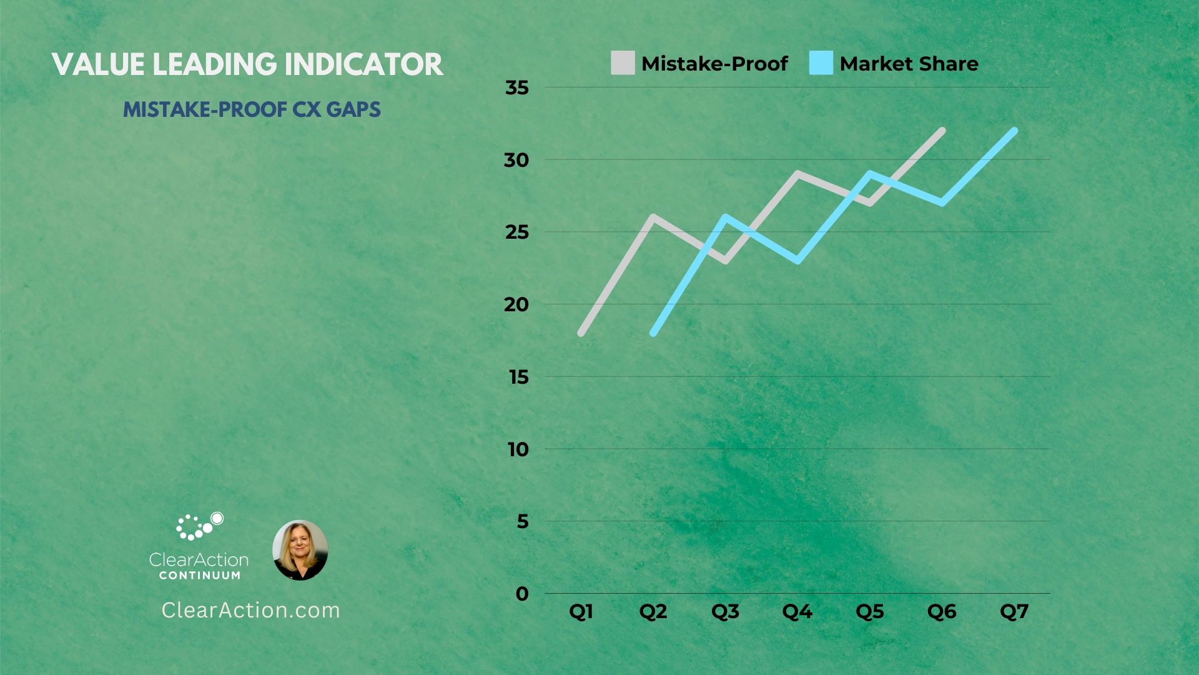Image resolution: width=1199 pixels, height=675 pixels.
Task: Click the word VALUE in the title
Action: (98, 64)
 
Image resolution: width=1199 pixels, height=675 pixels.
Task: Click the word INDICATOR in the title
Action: (364, 64)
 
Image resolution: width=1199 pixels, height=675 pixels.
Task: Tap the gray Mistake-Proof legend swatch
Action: (623, 63)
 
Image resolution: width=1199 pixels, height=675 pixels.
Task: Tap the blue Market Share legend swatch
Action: (821, 63)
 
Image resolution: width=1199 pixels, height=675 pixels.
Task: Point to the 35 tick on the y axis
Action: (517, 87)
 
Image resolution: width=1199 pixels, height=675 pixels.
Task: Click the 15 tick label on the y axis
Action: (518, 377)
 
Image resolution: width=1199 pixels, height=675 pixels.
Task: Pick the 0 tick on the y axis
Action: (522, 594)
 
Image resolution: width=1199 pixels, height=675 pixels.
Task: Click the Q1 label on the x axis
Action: (581, 611)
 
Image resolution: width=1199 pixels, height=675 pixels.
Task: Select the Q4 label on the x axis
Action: (797, 611)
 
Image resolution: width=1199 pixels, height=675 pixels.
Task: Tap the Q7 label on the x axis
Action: (1014, 611)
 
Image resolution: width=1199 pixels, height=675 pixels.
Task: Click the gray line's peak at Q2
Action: (653, 217)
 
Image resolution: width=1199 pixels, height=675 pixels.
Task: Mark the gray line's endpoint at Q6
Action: (942, 131)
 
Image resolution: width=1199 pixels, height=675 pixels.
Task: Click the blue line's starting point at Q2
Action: (653, 333)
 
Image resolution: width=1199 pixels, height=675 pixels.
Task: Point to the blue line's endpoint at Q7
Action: (1014, 131)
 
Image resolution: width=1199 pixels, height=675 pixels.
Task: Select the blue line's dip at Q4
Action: (797, 261)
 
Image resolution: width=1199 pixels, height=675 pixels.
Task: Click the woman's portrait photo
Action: (300, 550)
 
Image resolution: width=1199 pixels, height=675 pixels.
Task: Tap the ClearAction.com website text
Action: (251, 610)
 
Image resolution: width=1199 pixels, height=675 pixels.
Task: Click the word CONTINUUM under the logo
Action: (200, 575)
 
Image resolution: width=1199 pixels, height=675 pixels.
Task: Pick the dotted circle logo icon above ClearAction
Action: (199, 526)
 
